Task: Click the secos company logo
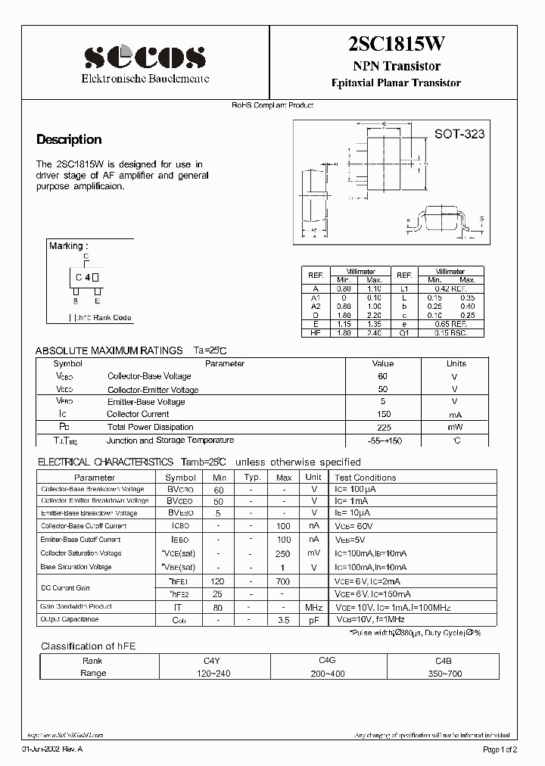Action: pyautogui.click(x=145, y=58)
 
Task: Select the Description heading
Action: pyautogui.click(x=69, y=139)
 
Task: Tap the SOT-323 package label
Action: pyautogui.click(x=459, y=134)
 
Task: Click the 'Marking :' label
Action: pyautogui.click(x=68, y=246)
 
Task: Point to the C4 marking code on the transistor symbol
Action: pyautogui.click(x=83, y=278)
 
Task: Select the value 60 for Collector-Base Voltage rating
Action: pyautogui.click(x=382, y=376)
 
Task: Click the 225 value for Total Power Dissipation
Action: pyautogui.click(x=382, y=427)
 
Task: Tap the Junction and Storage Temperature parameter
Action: pyautogui.click(x=170, y=440)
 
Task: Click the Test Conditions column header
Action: pyautogui.click(x=365, y=478)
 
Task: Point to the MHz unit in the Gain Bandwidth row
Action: pyautogui.click(x=313, y=608)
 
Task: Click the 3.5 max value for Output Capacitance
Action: pyautogui.click(x=284, y=620)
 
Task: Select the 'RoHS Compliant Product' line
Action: pyautogui.click(x=272, y=106)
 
